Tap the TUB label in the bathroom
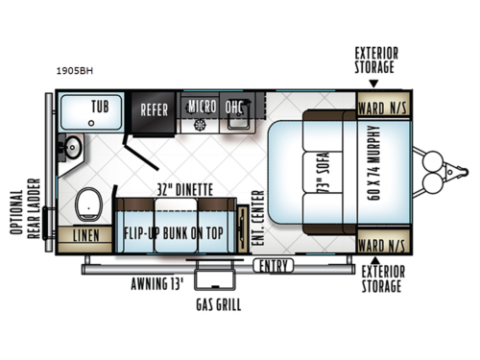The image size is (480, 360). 99,106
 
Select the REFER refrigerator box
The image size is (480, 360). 155,109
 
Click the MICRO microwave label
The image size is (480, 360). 201,105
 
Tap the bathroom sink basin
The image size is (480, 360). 70,149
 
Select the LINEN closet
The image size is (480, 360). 85,234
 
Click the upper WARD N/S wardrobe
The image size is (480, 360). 383,105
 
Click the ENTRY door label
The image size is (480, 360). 273,266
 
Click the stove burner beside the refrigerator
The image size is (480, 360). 201,126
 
